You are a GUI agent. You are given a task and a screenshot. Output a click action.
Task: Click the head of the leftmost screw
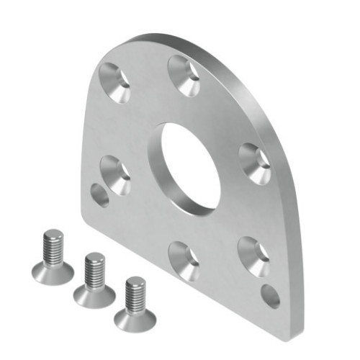pyautogui.click(x=53, y=271)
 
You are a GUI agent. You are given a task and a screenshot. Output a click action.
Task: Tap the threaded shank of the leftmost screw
pyautogui.click(x=53, y=248)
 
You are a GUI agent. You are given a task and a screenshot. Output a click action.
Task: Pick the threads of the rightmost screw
pyautogui.click(x=135, y=294)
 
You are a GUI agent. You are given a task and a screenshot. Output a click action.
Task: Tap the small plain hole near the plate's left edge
pyautogui.click(x=100, y=194)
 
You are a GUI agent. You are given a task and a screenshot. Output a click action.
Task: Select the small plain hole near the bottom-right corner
pyautogui.click(x=271, y=296)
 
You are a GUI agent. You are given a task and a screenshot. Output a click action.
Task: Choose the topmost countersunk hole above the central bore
pyautogui.click(x=184, y=74)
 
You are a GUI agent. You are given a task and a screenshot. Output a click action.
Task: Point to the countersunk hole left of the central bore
pyautogui.click(x=116, y=174)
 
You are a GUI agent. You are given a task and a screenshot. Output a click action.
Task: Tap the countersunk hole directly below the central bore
pyautogui.click(x=184, y=260)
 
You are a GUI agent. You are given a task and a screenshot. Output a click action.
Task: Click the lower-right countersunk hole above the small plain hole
pyautogui.click(x=254, y=256)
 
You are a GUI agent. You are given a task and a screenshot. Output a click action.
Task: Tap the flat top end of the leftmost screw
pyautogui.click(x=52, y=234)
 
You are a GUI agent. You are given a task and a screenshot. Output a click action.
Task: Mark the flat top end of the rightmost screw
pyautogui.click(x=135, y=281)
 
